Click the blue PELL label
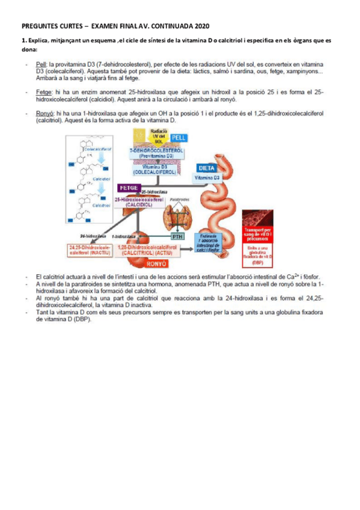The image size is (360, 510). (179, 138)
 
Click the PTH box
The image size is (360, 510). (178, 236)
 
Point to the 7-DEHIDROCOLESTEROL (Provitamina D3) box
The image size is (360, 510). (156, 152)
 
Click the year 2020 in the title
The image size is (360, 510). (202, 26)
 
